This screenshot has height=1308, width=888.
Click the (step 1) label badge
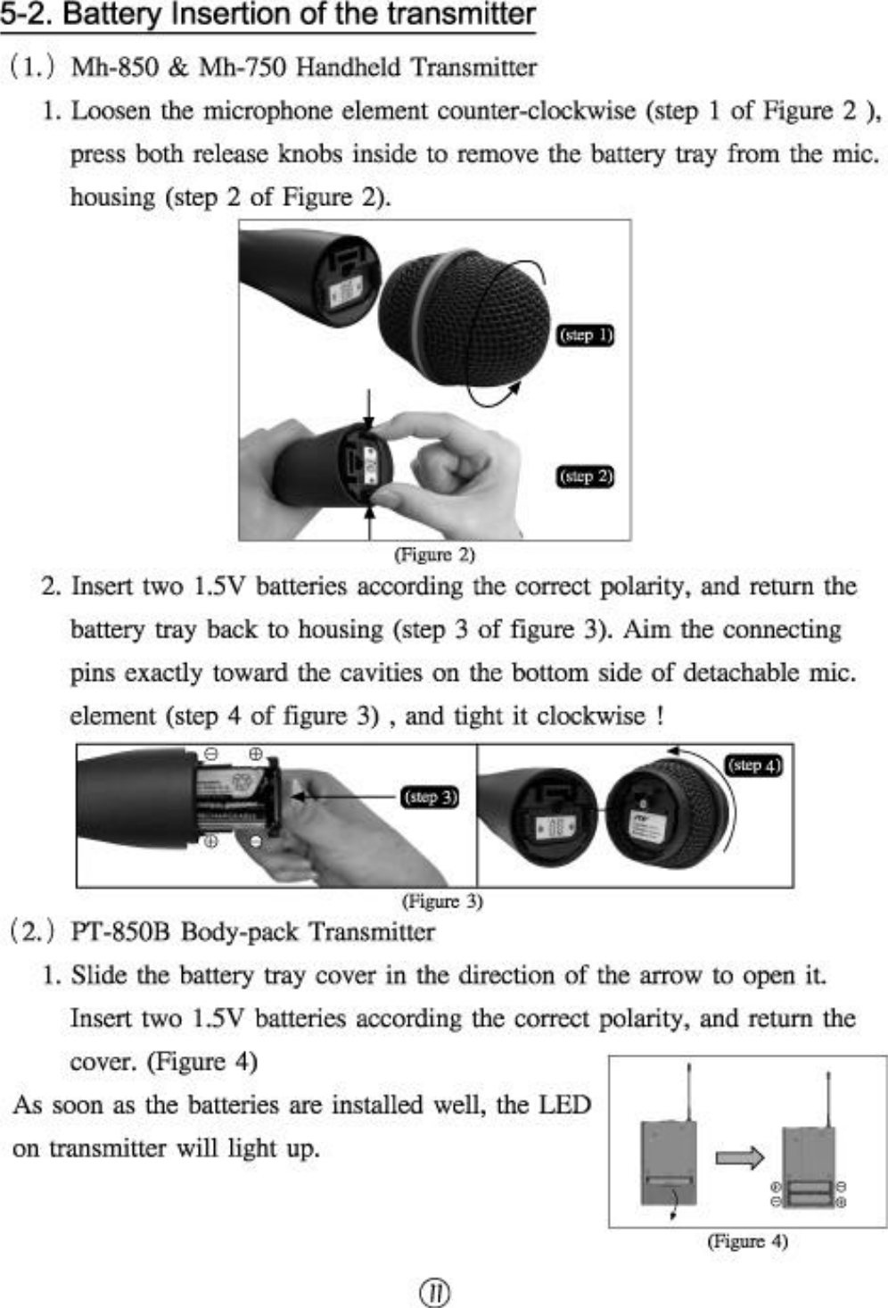pyautogui.click(x=586, y=335)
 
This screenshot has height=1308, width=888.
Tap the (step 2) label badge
pyautogui.click(x=586, y=476)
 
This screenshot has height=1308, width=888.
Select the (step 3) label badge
pyautogui.click(x=430, y=797)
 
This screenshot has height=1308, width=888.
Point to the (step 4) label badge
pyautogui.click(x=754, y=766)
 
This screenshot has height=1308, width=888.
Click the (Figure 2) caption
pyautogui.click(x=434, y=554)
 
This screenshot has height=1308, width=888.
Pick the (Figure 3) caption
pyautogui.click(x=442, y=901)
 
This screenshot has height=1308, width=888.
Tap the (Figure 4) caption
pyautogui.click(x=747, y=1241)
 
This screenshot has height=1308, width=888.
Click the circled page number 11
pyautogui.click(x=434, y=1292)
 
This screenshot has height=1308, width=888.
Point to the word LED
pyautogui.click(x=564, y=1105)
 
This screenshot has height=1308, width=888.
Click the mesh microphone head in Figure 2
pyautogui.click(x=464, y=317)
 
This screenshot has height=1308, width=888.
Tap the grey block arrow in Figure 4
pyautogui.click(x=739, y=1158)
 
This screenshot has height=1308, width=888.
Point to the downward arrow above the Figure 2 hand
pyautogui.click(x=369, y=406)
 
